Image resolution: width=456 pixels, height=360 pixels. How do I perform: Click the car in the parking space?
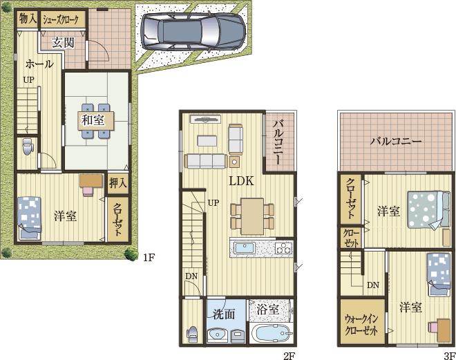click(x=193, y=30)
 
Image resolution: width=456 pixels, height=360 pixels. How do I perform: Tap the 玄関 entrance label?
click(x=63, y=43)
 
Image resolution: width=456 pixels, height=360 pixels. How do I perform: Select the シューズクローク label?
click(x=61, y=20)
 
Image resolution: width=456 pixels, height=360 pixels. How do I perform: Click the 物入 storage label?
click(x=28, y=19)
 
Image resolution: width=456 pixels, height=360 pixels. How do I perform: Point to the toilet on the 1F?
click(x=28, y=146)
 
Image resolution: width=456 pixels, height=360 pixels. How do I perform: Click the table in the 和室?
click(x=95, y=120)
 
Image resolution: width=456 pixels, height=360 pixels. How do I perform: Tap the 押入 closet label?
click(x=117, y=183)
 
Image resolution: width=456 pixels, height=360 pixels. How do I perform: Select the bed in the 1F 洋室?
click(x=30, y=218)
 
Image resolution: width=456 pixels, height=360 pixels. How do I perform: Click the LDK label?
click(x=241, y=181)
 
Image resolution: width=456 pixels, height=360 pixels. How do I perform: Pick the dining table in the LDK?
click(x=252, y=216)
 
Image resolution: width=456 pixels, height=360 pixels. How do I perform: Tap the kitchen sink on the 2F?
click(x=245, y=248)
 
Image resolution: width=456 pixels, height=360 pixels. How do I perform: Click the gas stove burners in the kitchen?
click(x=283, y=249)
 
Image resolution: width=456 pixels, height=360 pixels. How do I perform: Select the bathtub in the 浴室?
click(x=272, y=334)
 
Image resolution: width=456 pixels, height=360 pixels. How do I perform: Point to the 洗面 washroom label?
click(x=223, y=314)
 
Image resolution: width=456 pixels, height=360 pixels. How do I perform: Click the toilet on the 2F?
click(x=192, y=334)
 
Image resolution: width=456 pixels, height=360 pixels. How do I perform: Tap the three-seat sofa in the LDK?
click(x=206, y=161)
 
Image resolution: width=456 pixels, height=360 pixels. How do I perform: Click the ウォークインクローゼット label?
click(x=361, y=325)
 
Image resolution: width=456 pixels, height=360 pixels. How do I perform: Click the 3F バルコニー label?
click(x=396, y=142)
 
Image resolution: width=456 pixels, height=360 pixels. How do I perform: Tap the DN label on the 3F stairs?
click(x=373, y=285)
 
